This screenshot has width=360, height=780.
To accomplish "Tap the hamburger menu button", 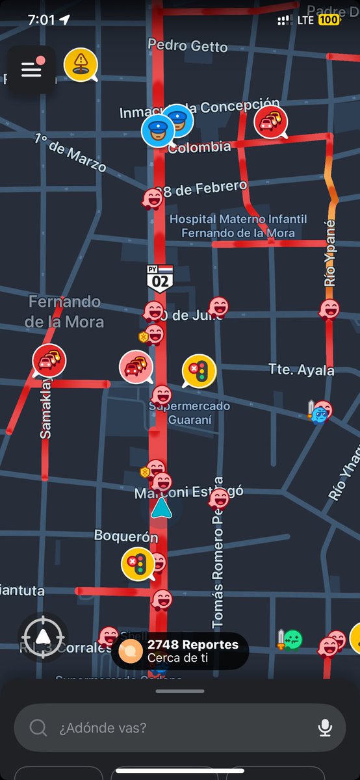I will [31, 70].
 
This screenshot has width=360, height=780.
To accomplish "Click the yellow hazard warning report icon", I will [81, 64].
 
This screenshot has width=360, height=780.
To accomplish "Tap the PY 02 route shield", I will [159, 278].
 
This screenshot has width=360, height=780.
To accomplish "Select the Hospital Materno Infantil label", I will [238, 226].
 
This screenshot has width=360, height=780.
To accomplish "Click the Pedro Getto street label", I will [187, 46].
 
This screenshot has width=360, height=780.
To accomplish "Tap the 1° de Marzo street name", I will [70, 152].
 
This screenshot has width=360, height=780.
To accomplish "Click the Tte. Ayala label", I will [301, 370].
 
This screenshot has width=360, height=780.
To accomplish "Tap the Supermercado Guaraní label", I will [189, 413].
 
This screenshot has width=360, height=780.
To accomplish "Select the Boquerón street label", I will [126, 536].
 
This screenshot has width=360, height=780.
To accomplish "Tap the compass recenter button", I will [43, 637].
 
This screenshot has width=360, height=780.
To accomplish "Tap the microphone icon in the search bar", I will [325, 727].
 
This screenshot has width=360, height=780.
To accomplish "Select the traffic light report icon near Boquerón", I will [137, 563].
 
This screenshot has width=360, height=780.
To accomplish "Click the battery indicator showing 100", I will [329, 20].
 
